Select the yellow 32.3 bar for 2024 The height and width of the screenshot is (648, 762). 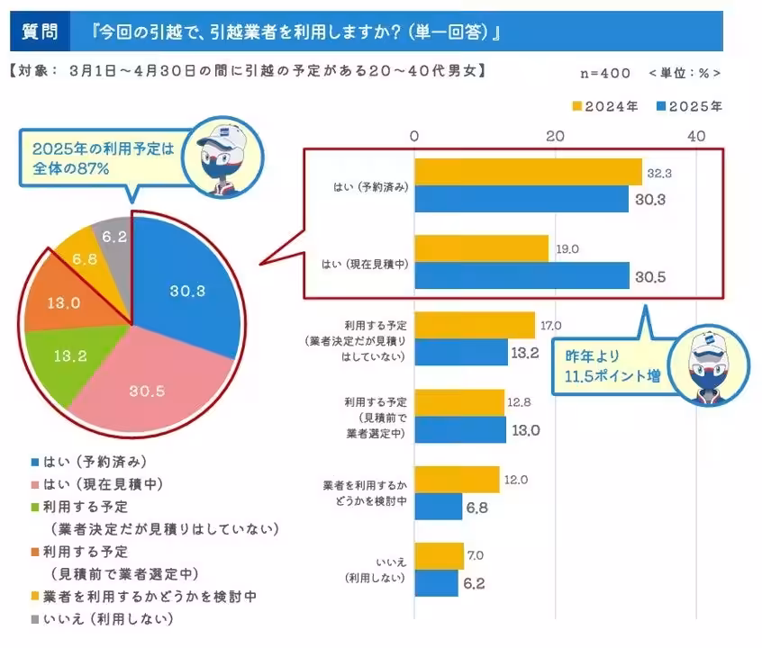point(528,171)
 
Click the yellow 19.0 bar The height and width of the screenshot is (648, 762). point(481,248)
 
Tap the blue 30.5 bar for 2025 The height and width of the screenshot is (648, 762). point(522,275)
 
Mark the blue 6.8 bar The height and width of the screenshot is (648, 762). point(439,507)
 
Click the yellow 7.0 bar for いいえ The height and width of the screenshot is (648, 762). point(440,556)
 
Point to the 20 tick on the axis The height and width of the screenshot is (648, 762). point(555,135)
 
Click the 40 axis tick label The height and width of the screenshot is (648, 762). point(695,135)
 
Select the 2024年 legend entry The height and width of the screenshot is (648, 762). point(605,106)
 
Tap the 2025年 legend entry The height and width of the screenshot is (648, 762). point(690,106)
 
